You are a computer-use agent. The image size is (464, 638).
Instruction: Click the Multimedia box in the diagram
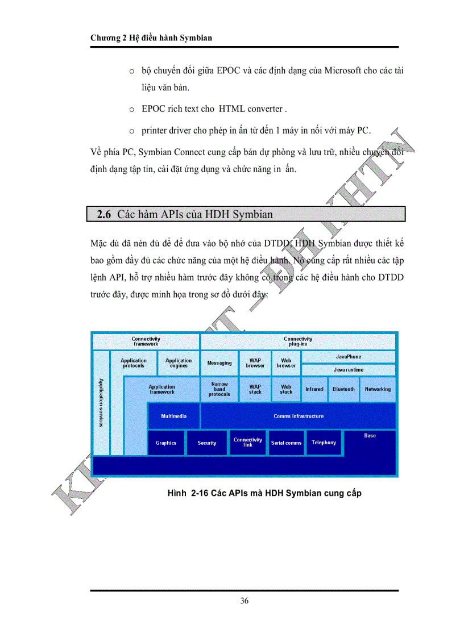click(x=173, y=416)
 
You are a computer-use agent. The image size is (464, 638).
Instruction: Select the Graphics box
click(x=166, y=443)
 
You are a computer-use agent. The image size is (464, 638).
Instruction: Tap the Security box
click(x=207, y=443)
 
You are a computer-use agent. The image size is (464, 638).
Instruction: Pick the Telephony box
click(x=324, y=443)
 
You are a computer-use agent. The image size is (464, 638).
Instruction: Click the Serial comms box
click(x=286, y=443)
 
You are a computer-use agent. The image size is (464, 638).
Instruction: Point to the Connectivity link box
click(x=248, y=443)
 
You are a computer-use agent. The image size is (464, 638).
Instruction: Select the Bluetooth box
click(x=343, y=389)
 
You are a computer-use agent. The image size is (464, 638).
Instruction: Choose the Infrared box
click(x=314, y=389)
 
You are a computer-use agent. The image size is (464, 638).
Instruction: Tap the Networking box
click(x=378, y=389)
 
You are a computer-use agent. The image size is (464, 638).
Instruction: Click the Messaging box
click(x=219, y=363)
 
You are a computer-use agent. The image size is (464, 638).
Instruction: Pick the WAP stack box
click(x=255, y=389)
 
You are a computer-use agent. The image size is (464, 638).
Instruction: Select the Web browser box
click(x=286, y=363)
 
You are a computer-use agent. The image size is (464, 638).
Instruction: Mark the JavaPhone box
click(x=349, y=357)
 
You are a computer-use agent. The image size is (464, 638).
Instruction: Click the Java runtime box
click(x=349, y=370)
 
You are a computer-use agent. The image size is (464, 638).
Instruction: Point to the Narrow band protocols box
click(x=219, y=389)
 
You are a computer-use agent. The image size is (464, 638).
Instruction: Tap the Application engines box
click(x=179, y=363)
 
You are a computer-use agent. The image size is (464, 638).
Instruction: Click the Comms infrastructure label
click(x=299, y=416)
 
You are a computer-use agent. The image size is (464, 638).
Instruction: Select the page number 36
click(x=244, y=601)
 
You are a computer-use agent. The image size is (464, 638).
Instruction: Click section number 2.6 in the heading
click(x=104, y=215)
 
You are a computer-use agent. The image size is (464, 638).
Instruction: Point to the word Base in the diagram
click(x=370, y=436)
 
